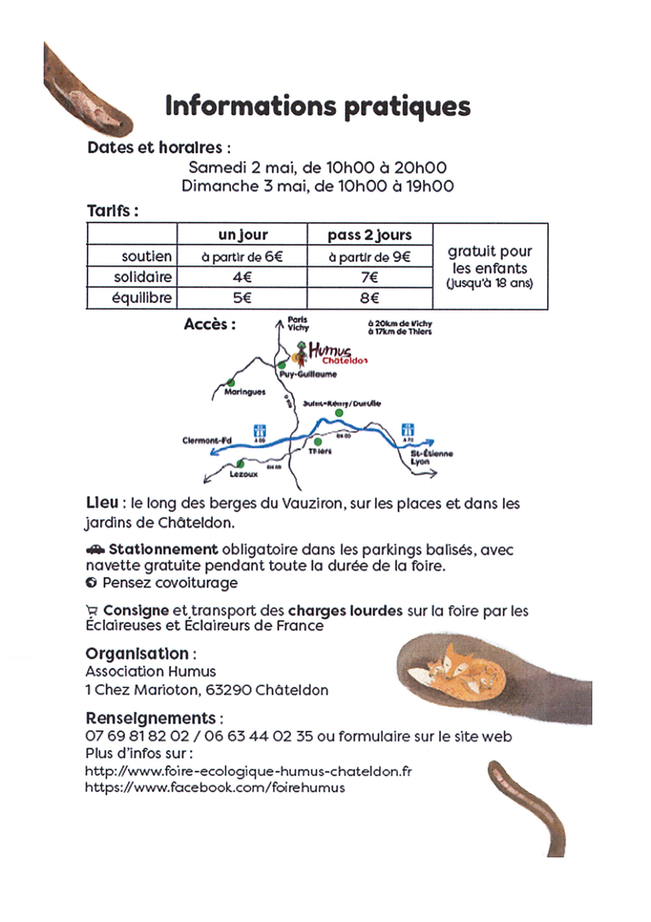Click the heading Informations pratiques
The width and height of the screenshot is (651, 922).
click(x=318, y=106)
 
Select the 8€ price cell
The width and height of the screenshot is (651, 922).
click(x=369, y=297)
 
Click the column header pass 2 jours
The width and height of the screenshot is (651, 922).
click(x=369, y=235)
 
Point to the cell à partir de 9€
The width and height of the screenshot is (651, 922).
click(x=369, y=256)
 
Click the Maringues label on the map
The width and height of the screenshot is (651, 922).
click(x=245, y=392)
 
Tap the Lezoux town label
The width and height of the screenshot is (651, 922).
click(x=243, y=475)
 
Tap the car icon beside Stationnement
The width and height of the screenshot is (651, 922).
click(x=95, y=550)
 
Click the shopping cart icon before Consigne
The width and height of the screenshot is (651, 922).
click(x=91, y=612)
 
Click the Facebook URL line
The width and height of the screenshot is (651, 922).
click(x=215, y=787)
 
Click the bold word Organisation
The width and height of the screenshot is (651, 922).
click(x=137, y=653)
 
